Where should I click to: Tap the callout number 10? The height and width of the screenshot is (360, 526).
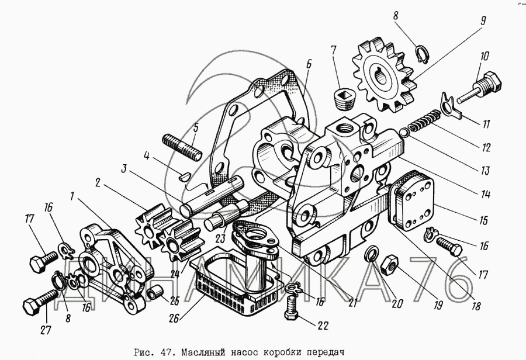click(x=485, y=57)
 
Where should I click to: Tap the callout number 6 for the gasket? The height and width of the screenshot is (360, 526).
click(x=308, y=64)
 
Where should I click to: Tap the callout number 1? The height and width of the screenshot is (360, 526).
click(x=72, y=195)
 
